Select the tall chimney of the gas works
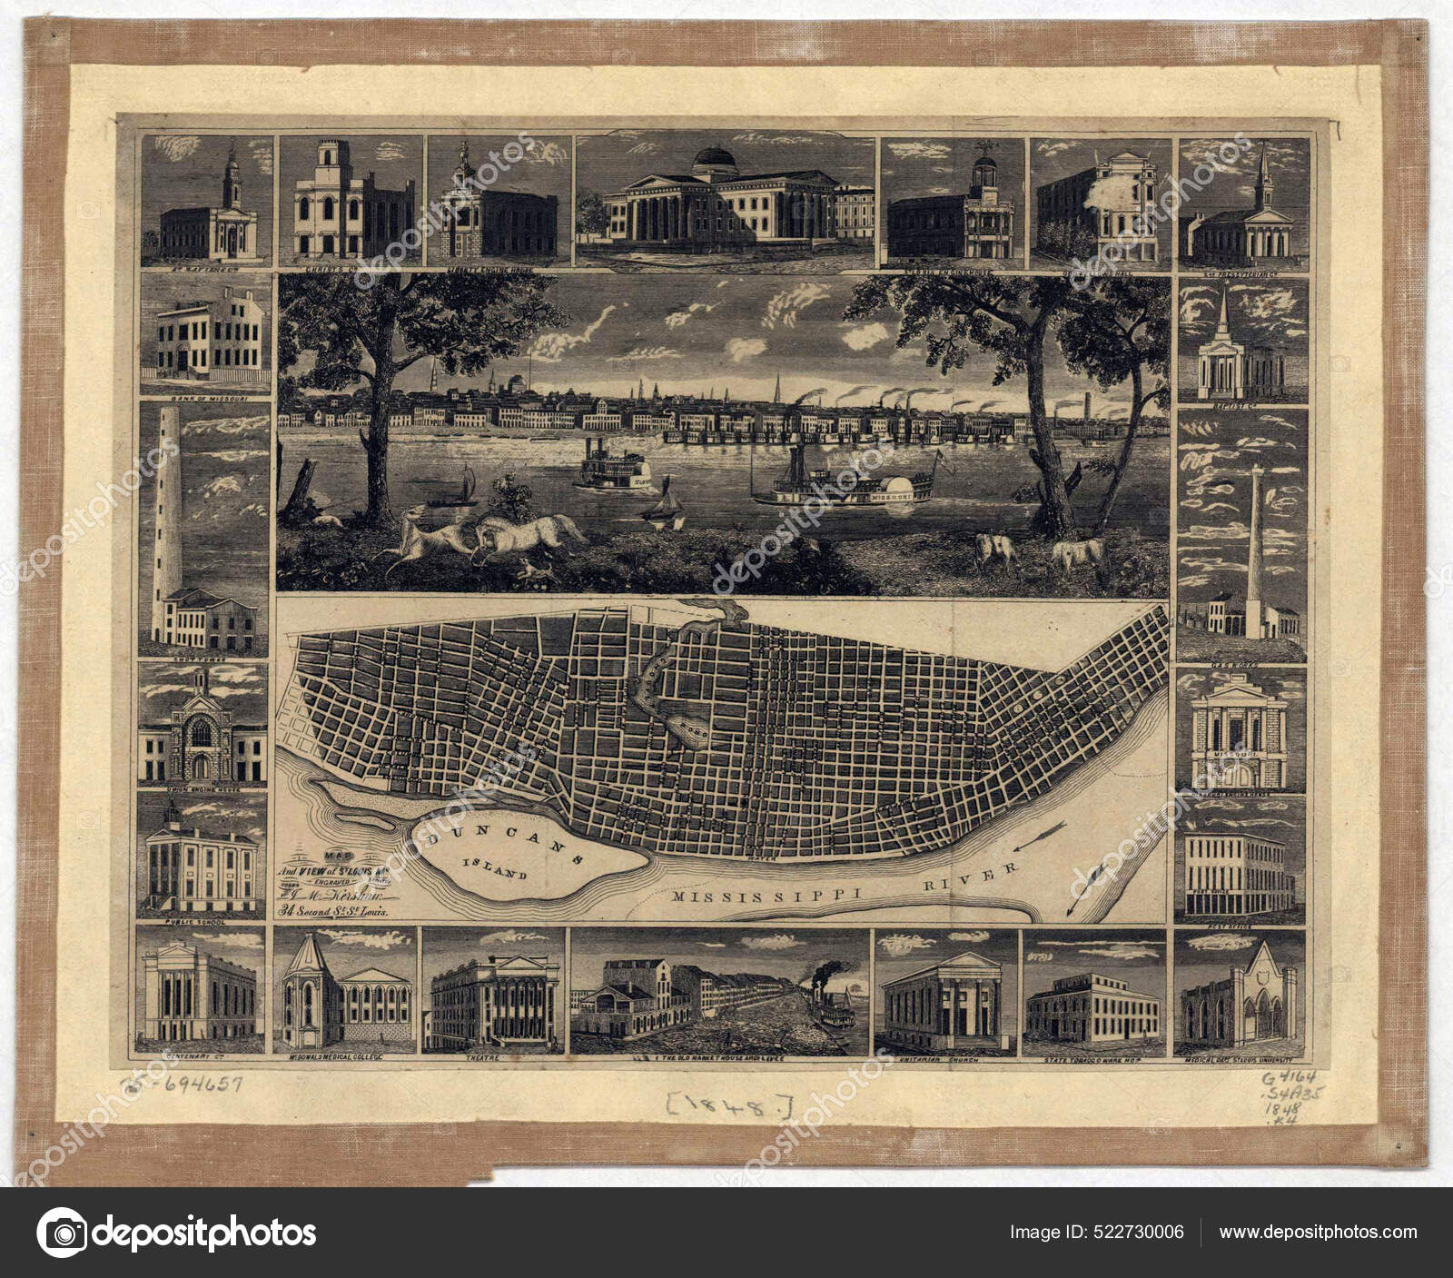coord(1255,545)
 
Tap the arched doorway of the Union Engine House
coord(200,763)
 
